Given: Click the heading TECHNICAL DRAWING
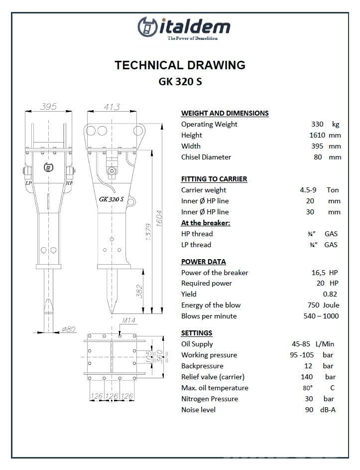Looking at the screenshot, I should pyautogui.click(x=180, y=65).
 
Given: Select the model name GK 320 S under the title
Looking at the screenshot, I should pyautogui.click(x=180, y=82).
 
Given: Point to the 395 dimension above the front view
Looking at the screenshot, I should pyautogui.click(x=48, y=106).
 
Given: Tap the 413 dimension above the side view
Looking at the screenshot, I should pyautogui.click(x=112, y=106).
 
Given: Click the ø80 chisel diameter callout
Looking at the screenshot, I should pyautogui.click(x=69, y=328).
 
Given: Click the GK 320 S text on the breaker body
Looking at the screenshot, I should pyautogui.click(x=112, y=199).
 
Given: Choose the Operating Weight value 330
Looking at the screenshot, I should pyautogui.click(x=317, y=124).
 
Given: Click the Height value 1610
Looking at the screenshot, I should pyautogui.click(x=317, y=135).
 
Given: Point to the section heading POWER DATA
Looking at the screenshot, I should pyautogui.click(x=203, y=262).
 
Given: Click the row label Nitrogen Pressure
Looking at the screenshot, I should pyautogui.click(x=210, y=399).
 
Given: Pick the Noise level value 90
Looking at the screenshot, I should pyautogui.click(x=309, y=410).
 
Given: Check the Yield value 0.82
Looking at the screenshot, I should pyautogui.click(x=330, y=294).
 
